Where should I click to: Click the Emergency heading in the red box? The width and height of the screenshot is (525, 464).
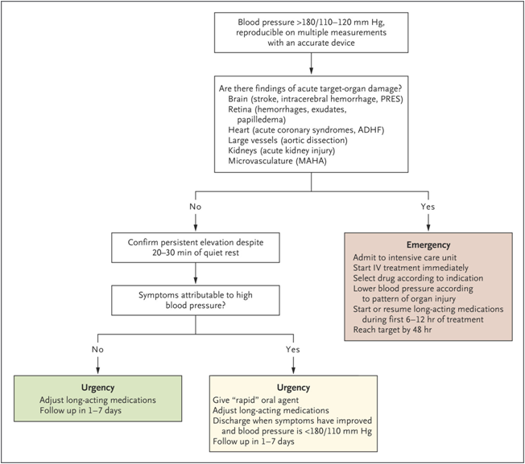[428, 245]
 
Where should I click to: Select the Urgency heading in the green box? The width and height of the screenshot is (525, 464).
[97, 388]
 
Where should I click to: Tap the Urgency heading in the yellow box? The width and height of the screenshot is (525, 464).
[293, 388]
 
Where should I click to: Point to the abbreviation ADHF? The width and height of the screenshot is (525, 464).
[370, 129]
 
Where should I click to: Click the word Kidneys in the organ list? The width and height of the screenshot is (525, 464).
[242, 150]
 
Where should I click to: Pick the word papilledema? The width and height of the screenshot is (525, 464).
[262, 120]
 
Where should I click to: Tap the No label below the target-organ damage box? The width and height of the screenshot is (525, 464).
[195, 207]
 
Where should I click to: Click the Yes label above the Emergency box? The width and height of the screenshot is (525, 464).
[428, 207]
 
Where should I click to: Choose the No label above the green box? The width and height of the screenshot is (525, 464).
[97, 349]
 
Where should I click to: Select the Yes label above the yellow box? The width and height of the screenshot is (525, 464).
[292, 349]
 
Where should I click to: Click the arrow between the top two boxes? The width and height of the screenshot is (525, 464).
[312, 64]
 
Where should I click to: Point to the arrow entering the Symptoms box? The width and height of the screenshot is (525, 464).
[196, 273]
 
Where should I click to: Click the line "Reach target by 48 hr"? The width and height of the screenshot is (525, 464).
[392, 330]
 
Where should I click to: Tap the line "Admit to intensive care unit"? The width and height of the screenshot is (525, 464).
[404, 257]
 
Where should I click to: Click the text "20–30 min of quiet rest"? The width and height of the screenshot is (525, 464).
[196, 253]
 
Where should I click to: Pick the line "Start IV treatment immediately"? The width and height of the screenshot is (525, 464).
[411, 268]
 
